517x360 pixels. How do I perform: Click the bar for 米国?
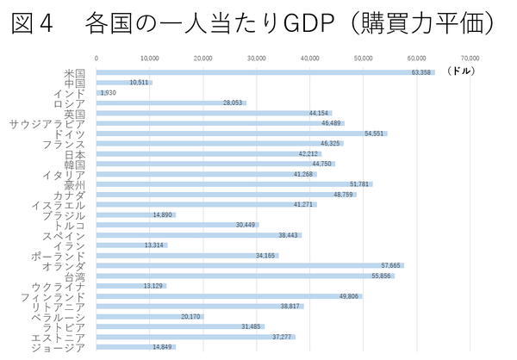pyautogui.click(x=258, y=72)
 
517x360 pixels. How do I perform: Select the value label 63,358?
pyautogui.click(x=421, y=72)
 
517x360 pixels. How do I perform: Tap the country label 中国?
pyautogui.click(x=74, y=83)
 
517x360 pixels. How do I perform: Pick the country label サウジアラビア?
pyautogui.click(x=47, y=123)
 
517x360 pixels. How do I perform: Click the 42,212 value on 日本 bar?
pyautogui.click(x=308, y=154)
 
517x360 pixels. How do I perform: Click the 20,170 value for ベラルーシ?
pyautogui.click(x=191, y=317)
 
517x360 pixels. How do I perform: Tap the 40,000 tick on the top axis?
pyautogui.click(x=310, y=59)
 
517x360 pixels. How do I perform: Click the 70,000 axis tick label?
pyautogui.click(x=470, y=59)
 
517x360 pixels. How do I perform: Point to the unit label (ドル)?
pyautogui.click(x=461, y=71)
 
